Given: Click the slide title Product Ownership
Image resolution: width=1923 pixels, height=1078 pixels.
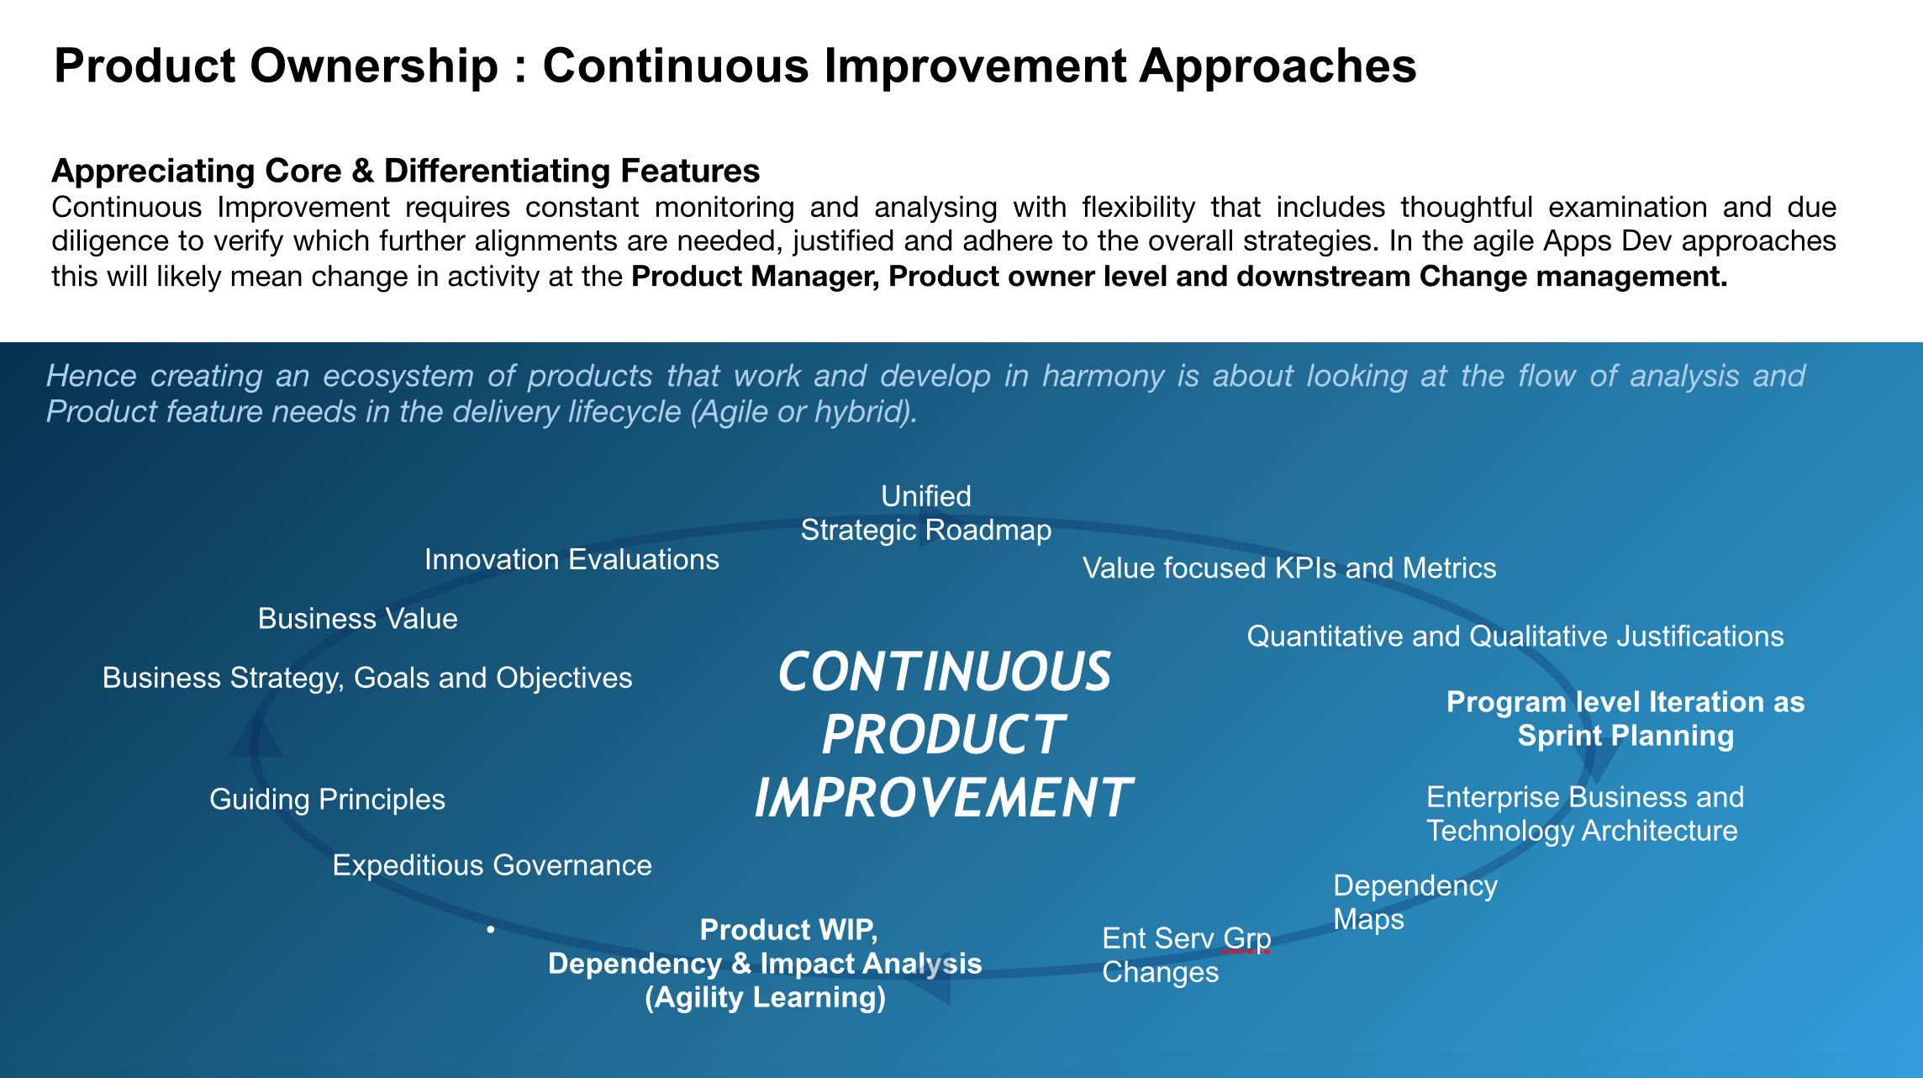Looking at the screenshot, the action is point(735,66).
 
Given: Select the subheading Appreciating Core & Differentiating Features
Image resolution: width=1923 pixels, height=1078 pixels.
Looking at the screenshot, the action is point(406,171).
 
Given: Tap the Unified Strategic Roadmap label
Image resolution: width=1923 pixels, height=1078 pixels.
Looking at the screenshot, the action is point(926,513).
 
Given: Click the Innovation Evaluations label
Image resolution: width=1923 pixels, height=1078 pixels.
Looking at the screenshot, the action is point(572,559).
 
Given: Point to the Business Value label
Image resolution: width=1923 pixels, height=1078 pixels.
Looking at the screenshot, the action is point(358,618).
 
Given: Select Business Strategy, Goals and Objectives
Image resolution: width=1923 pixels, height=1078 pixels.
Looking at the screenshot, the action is point(367,678).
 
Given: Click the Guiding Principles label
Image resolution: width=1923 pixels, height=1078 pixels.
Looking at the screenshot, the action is point(327,799).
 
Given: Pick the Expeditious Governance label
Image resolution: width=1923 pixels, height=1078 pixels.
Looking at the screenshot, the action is point(492,865).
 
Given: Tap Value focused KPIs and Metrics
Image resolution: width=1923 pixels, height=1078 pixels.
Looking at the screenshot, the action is point(1289,568).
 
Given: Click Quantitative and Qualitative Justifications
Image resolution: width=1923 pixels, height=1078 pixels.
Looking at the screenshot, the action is point(1515,636).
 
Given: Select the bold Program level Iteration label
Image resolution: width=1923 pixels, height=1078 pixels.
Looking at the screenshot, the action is point(1625,719).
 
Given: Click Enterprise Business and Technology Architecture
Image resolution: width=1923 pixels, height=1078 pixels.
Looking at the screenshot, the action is point(1585,813).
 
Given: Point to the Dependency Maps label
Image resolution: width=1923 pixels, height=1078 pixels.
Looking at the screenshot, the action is point(1415,902).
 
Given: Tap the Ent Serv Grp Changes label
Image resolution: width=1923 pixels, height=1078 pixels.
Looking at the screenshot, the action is point(1187,954).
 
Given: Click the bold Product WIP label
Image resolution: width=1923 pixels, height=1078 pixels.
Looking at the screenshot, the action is point(765,963).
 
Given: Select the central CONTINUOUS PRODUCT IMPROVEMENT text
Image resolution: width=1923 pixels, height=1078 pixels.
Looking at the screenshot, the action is point(944,734).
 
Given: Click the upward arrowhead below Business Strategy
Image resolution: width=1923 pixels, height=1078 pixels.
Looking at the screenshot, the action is point(256,735).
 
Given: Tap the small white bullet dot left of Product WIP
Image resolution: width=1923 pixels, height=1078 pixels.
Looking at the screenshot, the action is point(490,929).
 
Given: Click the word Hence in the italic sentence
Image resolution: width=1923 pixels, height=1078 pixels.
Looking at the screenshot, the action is point(92,376).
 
